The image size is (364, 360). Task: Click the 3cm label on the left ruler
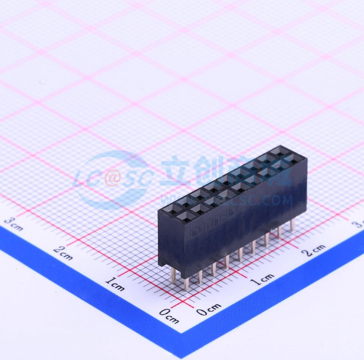[x=14, y=224]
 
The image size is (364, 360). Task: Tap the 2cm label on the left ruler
[x=63, y=253]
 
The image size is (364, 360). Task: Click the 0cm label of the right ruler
[x=208, y=309]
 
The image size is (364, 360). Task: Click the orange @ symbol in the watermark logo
[x=112, y=179]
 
